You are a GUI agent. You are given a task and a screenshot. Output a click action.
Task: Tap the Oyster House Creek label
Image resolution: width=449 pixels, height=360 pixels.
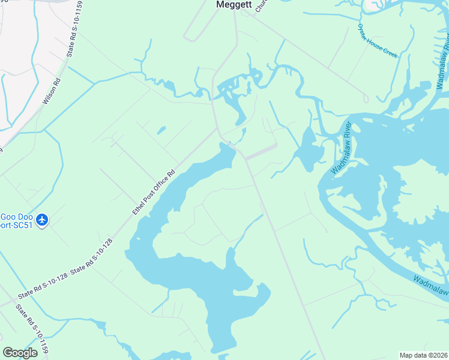tap(377, 41)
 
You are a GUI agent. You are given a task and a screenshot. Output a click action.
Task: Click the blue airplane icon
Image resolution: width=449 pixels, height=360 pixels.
tap(42, 220)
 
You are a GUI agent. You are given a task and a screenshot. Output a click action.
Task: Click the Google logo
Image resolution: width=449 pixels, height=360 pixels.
tap(20, 353)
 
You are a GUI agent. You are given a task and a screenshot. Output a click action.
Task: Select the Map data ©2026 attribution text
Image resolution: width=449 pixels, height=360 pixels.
tap(423, 355)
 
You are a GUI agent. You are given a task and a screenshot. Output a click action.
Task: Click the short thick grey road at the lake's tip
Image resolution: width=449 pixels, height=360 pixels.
tap(262, 152)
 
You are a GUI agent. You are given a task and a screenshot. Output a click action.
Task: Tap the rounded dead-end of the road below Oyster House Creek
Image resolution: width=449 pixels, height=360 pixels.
tap(366, 99)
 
